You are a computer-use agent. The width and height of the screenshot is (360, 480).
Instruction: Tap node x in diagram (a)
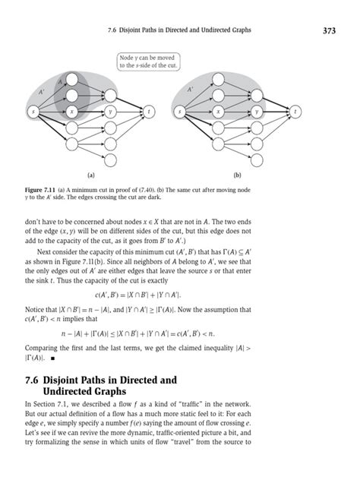(71, 112)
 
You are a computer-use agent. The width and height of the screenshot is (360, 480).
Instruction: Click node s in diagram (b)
(180, 112)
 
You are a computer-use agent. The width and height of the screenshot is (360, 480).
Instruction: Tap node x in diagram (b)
(219, 112)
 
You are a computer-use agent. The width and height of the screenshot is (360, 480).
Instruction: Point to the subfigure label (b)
(238, 173)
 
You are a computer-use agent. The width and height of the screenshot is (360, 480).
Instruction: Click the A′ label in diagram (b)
(191, 88)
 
